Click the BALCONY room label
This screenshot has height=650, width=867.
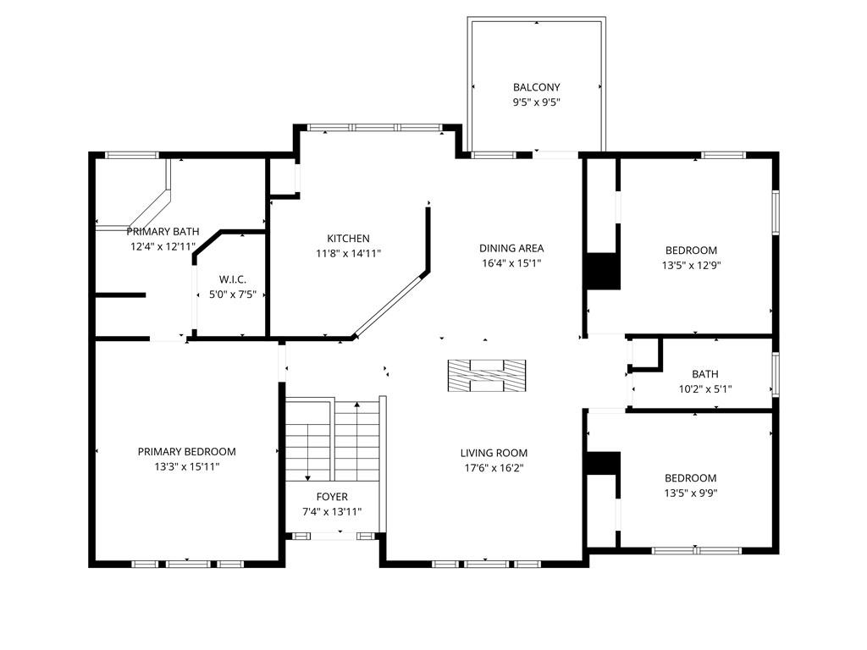point(536,87)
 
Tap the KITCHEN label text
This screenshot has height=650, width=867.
point(348,238)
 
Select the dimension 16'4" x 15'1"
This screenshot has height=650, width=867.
point(511,263)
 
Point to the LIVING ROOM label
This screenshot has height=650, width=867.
point(494,454)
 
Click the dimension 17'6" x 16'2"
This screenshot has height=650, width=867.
point(494,468)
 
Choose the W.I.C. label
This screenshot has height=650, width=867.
point(233,279)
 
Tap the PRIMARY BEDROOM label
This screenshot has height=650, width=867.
point(187,452)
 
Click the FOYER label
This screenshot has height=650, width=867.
point(332,497)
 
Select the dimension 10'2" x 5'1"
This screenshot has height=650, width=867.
point(705,389)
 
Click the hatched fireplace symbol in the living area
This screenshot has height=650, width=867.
point(487,376)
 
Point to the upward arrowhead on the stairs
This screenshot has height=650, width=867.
point(357,405)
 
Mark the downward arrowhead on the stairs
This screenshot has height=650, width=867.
point(308,477)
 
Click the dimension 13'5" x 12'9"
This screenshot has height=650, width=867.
point(691,265)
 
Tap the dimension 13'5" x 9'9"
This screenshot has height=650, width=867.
point(691,493)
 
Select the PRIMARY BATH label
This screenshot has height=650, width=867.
point(163,232)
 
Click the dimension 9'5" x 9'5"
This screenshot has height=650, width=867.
point(536,102)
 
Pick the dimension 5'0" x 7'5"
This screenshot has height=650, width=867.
point(233,295)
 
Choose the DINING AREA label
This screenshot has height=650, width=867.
point(511,248)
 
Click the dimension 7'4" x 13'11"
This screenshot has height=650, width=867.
point(332,512)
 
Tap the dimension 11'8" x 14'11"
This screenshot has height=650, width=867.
point(348,254)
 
